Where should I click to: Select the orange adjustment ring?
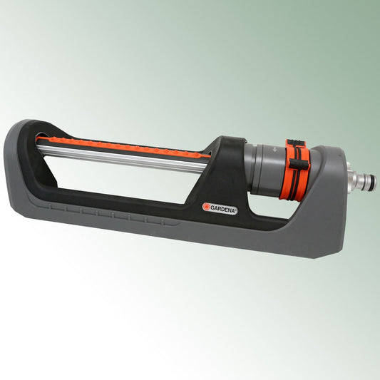pyautogui.click(x=296, y=167)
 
